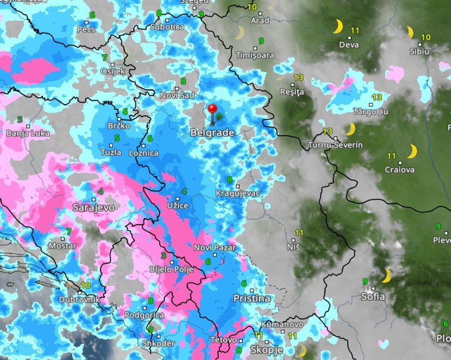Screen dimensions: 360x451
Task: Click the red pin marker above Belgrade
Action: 212,110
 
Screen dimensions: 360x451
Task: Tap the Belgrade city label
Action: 212,133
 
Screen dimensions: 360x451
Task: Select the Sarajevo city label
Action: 94,207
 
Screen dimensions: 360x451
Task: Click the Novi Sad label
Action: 177,95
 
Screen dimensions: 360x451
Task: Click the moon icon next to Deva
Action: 337,27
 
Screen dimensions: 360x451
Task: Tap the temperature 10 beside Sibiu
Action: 426,37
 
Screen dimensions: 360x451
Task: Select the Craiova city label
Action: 400,170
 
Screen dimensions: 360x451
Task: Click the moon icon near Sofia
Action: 387,276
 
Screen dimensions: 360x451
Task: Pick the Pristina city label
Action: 252,298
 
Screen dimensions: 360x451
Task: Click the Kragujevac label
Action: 238,193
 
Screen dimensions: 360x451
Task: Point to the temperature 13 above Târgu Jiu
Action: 377,97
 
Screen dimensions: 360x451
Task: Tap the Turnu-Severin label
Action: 335,145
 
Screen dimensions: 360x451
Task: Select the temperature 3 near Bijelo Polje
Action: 163,256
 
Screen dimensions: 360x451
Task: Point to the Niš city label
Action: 293,247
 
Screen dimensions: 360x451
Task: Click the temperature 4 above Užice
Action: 184,191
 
